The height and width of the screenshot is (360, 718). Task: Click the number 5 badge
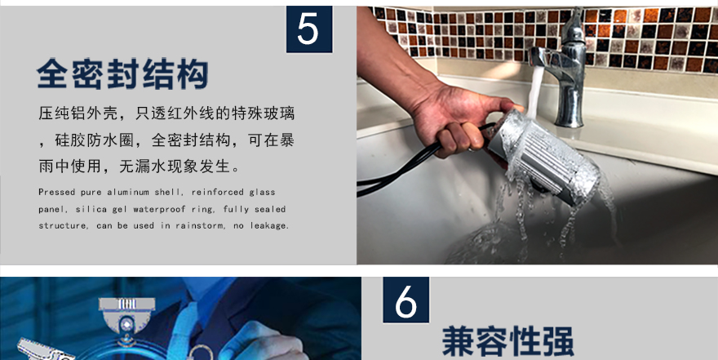309,29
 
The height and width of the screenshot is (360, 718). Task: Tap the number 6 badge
406,300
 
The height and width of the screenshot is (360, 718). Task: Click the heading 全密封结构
122,73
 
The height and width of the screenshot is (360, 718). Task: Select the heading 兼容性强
507,341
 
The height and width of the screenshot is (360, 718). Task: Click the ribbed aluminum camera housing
545,156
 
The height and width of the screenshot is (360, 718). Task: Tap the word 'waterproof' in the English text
160,209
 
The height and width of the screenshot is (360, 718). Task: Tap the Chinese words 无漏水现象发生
175,167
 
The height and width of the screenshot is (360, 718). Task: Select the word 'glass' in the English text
263,193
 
